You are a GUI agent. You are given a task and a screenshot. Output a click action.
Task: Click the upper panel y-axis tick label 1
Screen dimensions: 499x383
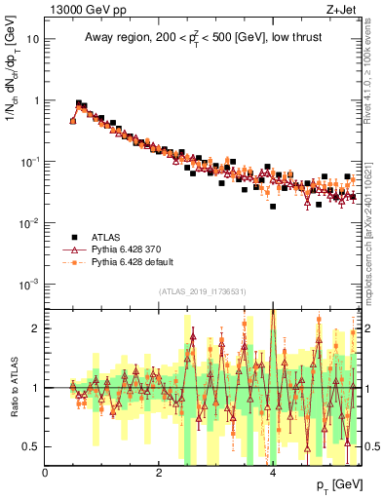pos(36,100)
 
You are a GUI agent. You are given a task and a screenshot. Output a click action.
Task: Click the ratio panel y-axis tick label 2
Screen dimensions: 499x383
pos(36,328)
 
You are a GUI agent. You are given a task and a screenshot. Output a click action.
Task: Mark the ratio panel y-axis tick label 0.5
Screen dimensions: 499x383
pos(32,446)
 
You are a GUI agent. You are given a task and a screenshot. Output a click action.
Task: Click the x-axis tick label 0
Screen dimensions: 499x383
pos(46,473)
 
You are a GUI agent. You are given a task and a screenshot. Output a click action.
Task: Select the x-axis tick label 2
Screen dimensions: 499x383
pos(159,473)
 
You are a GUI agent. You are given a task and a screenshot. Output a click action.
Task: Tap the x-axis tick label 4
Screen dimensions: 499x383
pos(273,473)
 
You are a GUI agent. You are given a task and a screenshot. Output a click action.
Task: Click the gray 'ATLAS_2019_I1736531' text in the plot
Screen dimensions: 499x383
pos(203,291)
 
